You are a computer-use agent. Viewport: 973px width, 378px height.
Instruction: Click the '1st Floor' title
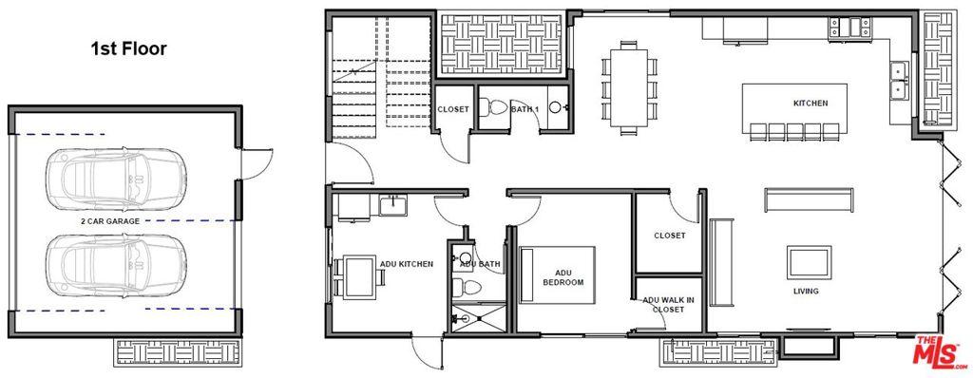point(129,48)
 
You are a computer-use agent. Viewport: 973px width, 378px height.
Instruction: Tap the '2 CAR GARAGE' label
point(110,220)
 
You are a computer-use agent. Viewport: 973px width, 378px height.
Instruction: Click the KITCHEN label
point(811,103)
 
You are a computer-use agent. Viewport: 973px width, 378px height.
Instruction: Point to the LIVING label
point(806,292)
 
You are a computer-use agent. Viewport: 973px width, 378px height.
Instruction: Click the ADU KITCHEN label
point(407,264)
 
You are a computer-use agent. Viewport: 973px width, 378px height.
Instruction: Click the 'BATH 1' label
point(525,109)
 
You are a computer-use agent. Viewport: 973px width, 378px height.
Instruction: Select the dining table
point(627,84)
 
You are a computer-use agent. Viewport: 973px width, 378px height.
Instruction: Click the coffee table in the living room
point(806,261)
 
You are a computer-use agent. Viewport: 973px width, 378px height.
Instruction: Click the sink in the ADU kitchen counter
point(391,203)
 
